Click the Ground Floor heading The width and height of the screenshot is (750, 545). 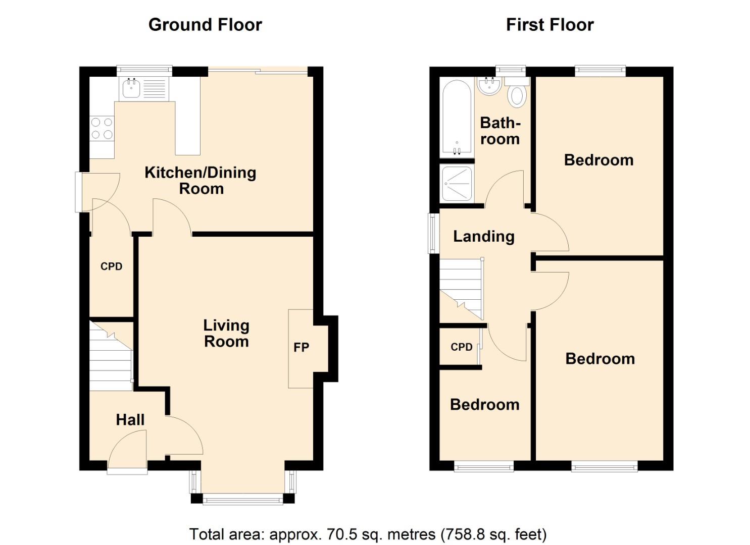pyautogui.click(x=205, y=25)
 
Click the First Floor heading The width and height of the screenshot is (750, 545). pyautogui.click(x=549, y=25)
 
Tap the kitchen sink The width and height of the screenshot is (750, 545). pyautogui.click(x=131, y=89)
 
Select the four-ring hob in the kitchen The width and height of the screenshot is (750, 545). pyautogui.click(x=102, y=128)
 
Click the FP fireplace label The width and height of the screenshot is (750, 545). pyautogui.click(x=301, y=347)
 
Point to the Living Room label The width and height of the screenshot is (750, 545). pyautogui.click(x=226, y=334)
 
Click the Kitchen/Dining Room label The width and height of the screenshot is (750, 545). pyautogui.click(x=201, y=180)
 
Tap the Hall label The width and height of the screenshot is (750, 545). pyautogui.click(x=130, y=420)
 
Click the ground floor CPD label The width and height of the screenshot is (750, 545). pyautogui.click(x=111, y=266)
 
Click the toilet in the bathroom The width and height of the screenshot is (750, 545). pyautogui.click(x=517, y=94)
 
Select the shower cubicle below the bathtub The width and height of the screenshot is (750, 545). pyautogui.click(x=457, y=183)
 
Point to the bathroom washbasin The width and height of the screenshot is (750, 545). pyautogui.click(x=488, y=86)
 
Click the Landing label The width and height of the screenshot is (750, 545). pyautogui.click(x=483, y=236)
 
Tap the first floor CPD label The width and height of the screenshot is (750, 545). pyautogui.click(x=461, y=347)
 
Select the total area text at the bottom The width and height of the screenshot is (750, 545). pyautogui.click(x=368, y=534)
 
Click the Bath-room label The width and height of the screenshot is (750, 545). pyautogui.click(x=499, y=131)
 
